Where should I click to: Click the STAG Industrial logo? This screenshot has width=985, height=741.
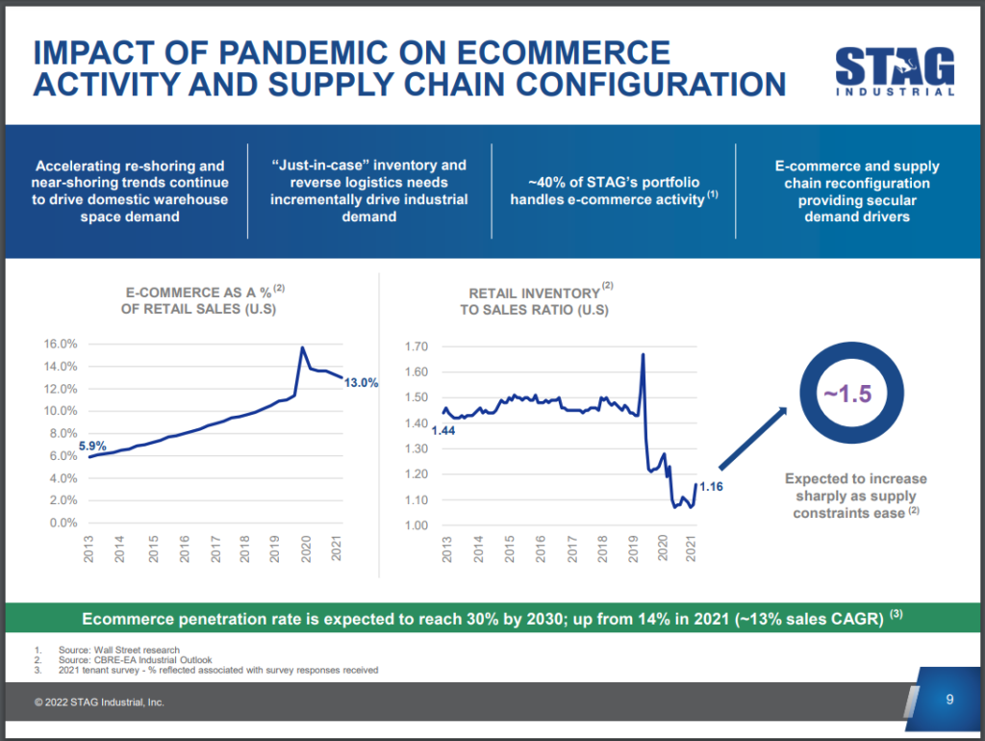[895, 71]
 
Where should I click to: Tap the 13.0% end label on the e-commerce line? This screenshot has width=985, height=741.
[362, 382]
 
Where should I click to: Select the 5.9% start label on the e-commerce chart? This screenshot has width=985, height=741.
[91, 446]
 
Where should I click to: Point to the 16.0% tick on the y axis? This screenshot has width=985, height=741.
[62, 345]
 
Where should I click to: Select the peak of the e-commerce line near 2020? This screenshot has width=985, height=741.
[303, 347]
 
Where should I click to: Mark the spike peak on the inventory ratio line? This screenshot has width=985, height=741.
[642, 355]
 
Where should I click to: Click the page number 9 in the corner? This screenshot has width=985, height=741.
[949, 700]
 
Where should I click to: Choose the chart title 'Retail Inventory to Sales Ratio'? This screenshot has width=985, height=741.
[539, 301]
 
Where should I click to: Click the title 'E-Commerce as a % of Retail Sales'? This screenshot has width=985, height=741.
[203, 298]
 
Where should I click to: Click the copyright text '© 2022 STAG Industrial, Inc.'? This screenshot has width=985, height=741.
[99, 703]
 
